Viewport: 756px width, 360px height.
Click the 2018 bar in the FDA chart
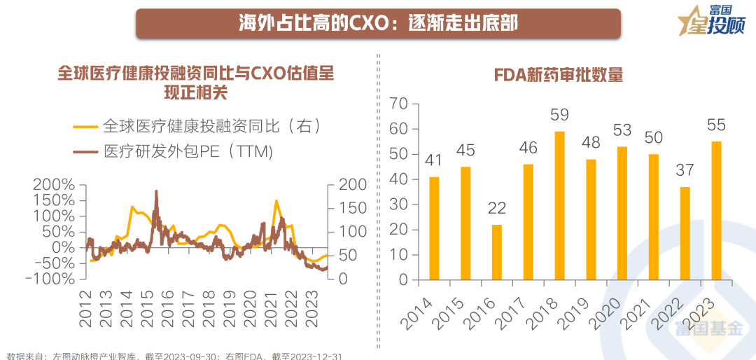coord(559,205)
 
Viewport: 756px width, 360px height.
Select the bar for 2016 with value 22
coord(497,252)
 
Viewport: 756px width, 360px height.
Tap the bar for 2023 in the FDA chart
coord(716,210)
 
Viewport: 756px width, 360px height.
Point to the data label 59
coord(559,115)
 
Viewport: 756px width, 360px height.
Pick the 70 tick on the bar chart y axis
coord(398,104)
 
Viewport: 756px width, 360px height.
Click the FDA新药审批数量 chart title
coord(558,75)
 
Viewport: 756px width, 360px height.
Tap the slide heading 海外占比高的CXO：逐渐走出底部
coord(378,23)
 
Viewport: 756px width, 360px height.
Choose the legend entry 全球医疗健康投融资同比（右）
coord(198,126)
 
